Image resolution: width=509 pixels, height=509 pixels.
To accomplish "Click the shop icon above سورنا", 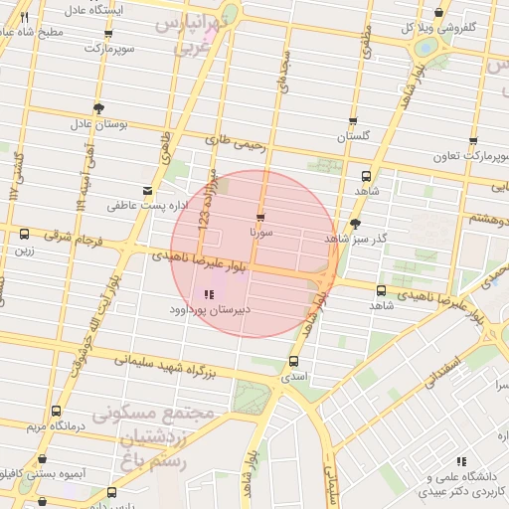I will [x=260, y=216].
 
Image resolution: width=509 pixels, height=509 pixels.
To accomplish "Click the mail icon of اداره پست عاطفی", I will [x=147, y=190].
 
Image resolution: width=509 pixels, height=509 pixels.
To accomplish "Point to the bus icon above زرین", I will [x=24, y=235].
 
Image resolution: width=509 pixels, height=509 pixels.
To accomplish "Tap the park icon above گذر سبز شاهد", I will [x=355, y=224].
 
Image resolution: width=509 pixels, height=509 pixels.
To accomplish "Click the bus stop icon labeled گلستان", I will [x=353, y=120].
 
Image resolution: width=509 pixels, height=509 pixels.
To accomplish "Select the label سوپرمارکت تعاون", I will [x=470, y=157].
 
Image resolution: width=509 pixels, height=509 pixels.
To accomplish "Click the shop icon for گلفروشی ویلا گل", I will [x=439, y=13].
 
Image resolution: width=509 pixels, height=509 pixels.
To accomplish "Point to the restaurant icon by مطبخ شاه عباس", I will [x=24, y=17].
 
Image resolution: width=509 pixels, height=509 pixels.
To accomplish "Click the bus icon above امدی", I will [x=293, y=362].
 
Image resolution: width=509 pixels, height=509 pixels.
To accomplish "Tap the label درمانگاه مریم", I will [x=50, y=426].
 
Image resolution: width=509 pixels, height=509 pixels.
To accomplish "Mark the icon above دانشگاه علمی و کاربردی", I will [x=459, y=461].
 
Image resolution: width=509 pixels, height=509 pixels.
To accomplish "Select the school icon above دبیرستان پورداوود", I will [x=208, y=294].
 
